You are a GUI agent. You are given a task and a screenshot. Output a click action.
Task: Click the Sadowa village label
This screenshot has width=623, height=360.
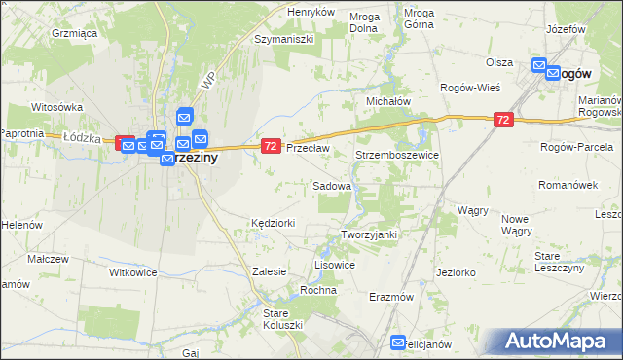pos(332,185)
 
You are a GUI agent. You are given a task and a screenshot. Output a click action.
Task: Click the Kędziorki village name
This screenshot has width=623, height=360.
pos(273,223)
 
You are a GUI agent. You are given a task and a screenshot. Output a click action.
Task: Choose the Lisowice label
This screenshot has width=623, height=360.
pos(334,265)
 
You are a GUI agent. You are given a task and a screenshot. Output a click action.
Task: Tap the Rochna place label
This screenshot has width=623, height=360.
pos(318,290)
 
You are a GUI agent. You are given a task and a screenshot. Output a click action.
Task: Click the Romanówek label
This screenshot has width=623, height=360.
pos(566,184)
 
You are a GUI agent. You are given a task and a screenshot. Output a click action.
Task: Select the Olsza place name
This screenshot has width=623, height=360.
pos(499,62)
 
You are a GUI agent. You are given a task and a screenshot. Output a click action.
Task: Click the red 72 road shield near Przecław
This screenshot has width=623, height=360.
pos(272,146)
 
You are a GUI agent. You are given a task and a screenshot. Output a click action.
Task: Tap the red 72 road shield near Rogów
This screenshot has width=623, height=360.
pos(502,120)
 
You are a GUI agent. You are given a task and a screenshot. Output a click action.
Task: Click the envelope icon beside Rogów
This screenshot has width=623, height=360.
pos(539,67)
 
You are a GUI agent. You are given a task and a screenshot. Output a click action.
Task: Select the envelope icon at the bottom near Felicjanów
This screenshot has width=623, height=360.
pos(398,342)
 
